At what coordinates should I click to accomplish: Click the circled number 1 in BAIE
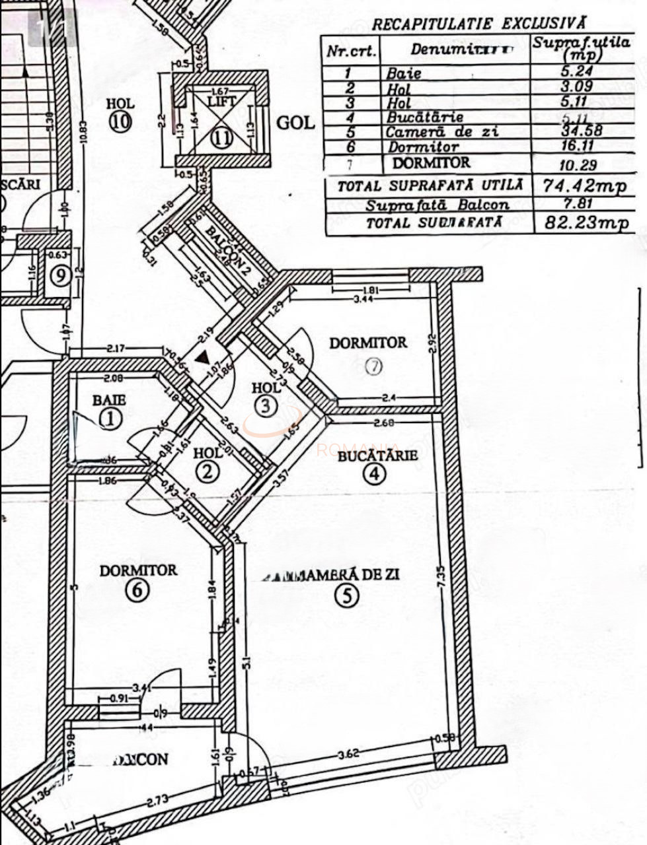pos(110,417)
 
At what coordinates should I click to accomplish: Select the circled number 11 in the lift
pos(222,137)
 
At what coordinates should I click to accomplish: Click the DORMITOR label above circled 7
pos(368,343)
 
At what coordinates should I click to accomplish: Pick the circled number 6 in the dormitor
pos(137,590)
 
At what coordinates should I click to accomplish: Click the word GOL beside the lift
pos(295,123)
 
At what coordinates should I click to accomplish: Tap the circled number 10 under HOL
pos(120,123)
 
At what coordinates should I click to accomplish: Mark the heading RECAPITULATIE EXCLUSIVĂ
pos(478,24)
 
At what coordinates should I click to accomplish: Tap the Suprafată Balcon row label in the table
pos(437,205)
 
